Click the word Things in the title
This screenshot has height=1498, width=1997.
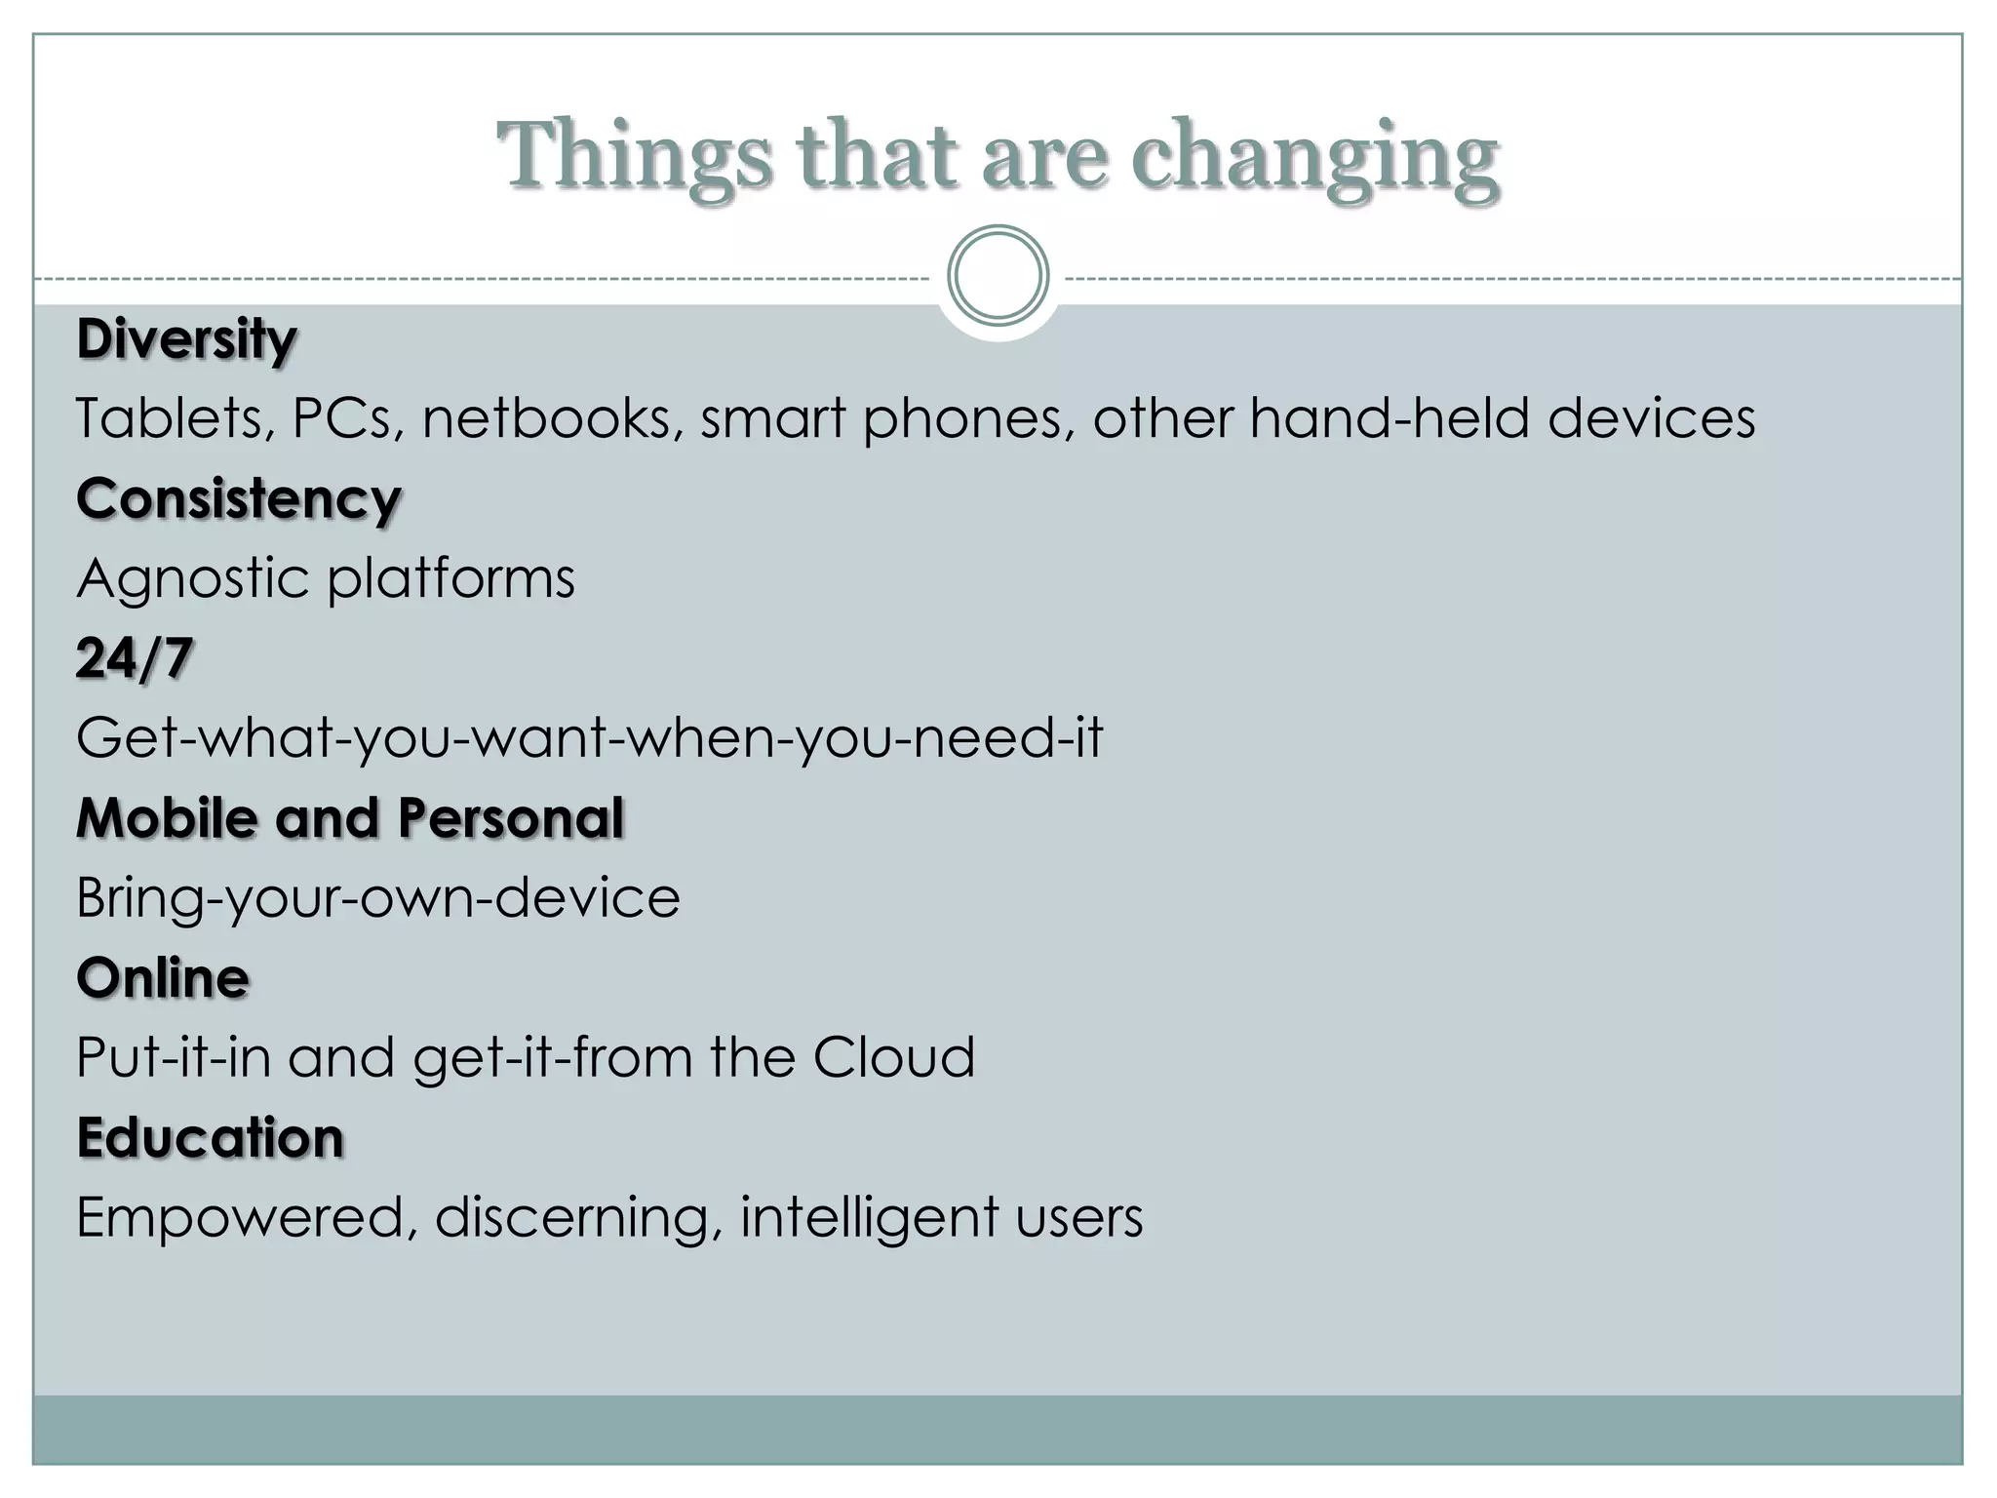(x=635, y=156)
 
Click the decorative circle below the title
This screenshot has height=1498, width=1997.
(x=998, y=276)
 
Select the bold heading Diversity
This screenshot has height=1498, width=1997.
(x=186, y=339)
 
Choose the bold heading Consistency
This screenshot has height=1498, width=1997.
(x=239, y=499)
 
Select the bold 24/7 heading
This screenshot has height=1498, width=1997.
(x=135, y=658)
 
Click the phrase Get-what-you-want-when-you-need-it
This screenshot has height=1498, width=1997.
(x=590, y=738)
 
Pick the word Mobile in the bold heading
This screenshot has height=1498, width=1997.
(x=167, y=817)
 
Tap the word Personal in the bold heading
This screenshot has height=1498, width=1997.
(x=510, y=817)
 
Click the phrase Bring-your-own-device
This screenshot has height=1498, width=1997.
(x=378, y=898)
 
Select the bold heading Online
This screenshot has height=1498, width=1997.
(x=163, y=978)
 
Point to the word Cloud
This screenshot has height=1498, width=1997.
(x=893, y=1057)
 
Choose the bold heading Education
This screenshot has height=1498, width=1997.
(x=211, y=1138)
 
